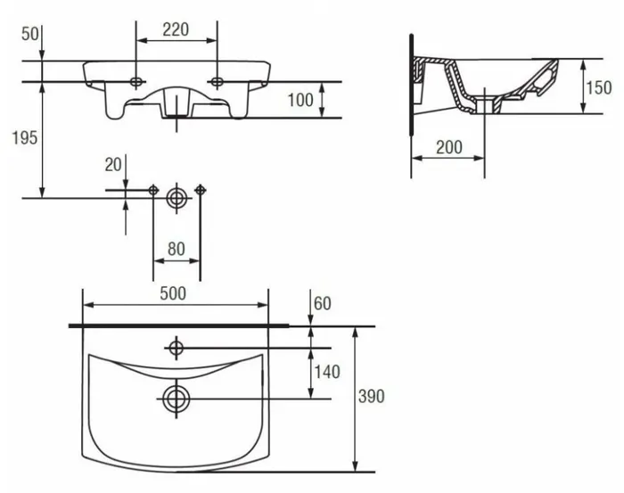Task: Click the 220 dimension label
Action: tap(176, 29)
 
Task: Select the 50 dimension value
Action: tap(30, 34)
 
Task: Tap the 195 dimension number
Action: tap(25, 137)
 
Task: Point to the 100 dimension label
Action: tap(300, 100)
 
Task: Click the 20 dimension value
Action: tap(113, 164)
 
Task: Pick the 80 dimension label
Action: tap(177, 249)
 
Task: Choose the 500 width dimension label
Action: tap(173, 293)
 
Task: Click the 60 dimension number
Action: tap(323, 304)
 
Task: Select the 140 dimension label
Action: tap(327, 372)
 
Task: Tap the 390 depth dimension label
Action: tap(372, 397)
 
